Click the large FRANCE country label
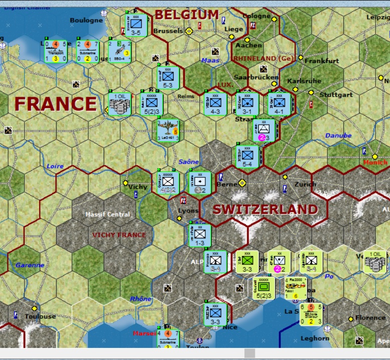55,104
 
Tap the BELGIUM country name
186,15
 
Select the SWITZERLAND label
265,209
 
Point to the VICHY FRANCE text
119,235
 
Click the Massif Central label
107,214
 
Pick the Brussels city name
168,31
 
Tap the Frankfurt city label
322,61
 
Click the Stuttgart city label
336,95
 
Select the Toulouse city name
41,316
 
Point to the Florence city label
370,317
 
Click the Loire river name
55,166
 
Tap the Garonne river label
30,265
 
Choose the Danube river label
338,135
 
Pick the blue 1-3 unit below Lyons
200,234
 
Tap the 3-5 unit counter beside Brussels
136,25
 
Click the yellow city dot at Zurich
285,177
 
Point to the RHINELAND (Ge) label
263,59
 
